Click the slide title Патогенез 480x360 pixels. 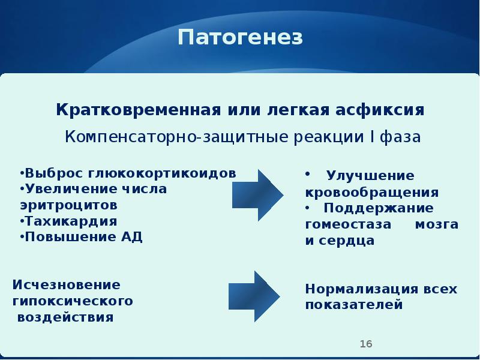(x=240, y=38)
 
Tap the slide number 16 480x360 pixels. (x=366, y=344)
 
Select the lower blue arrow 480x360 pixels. (x=254, y=296)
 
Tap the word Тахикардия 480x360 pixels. (x=70, y=220)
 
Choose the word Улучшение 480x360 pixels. (x=370, y=176)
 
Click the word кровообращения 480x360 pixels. (x=371, y=193)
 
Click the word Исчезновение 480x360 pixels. (x=67, y=284)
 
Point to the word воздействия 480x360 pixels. (x=65, y=316)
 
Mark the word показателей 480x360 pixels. (x=353, y=304)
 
